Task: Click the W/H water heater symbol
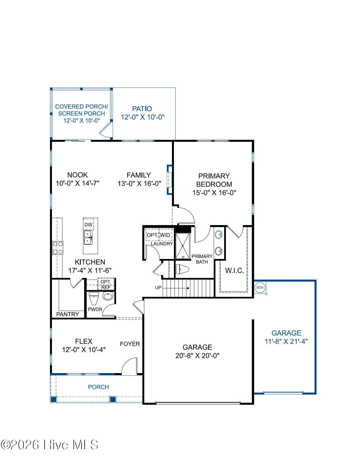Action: (260, 287)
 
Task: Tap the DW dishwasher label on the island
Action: (88, 225)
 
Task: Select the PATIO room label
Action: (142, 109)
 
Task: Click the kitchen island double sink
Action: (88, 237)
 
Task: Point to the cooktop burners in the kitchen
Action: (58, 248)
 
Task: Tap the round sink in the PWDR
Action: (108, 296)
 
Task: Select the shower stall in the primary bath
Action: (183, 246)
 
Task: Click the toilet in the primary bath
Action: (182, 269)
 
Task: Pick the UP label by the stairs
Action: (158, 288)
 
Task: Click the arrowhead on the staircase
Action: (188, 288)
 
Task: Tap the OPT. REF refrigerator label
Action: (106, 284)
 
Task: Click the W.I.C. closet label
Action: (235, 271)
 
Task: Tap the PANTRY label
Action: (67, 314)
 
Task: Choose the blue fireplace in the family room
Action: (169, 180)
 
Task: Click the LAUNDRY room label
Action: (162, 244)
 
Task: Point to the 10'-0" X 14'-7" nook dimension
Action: (78, 183)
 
